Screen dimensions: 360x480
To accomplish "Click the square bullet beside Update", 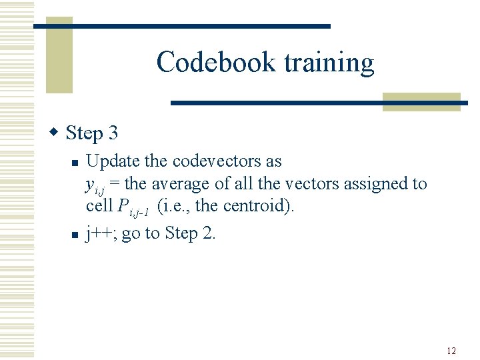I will [x=76, y=162].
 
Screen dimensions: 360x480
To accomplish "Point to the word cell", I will [x=99, y=206].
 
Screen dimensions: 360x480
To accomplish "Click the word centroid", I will [x=255, y=206].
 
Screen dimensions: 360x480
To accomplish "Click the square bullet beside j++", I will [x=76, y=234].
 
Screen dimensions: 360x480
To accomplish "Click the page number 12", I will [x=451, y=351].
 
